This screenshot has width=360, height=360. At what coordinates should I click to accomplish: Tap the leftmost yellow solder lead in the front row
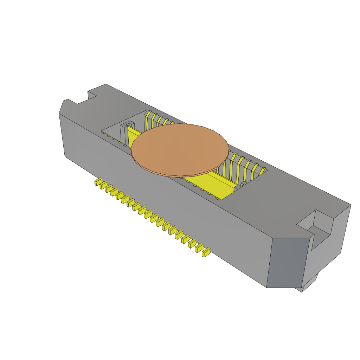click(x=97, y=182)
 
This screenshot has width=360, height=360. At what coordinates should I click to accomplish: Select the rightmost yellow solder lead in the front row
click(x=206, y=252)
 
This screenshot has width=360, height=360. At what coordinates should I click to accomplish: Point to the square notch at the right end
click(x=318, y=227)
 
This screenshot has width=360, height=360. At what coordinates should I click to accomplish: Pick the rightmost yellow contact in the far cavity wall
click(x=262, y=171)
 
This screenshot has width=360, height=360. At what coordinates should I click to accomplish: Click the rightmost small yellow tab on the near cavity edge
click(x=217, y=198)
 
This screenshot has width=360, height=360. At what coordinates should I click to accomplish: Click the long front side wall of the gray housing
click(x=158, y=197)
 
